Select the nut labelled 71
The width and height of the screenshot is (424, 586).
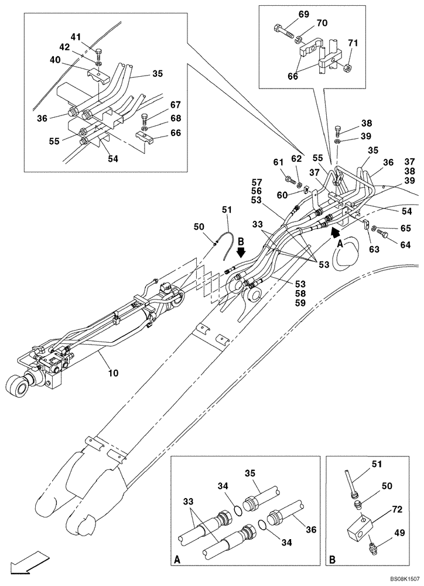348,68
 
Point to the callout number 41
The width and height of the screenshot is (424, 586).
76,36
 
